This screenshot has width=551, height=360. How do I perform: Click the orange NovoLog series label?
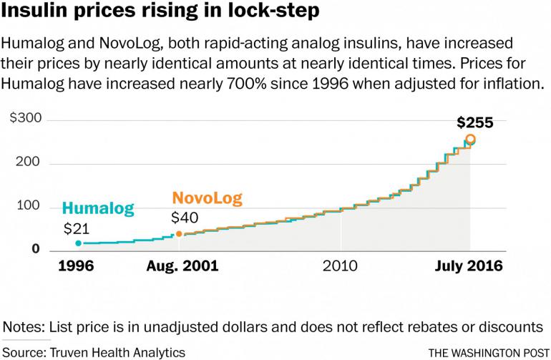(x=208, y=198)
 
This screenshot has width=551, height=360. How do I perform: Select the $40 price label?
(x=185, y=218)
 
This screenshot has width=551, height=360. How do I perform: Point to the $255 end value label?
(x=476, y=122)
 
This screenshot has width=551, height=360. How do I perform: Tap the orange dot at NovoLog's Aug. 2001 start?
(x=179, y=234)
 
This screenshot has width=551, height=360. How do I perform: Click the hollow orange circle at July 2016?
(x=470, y=139)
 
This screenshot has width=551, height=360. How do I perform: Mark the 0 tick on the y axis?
(x=35, y=248)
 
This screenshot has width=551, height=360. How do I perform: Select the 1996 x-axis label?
(x=75, y=266)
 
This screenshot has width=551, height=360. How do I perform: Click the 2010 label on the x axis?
(x=340, y=266)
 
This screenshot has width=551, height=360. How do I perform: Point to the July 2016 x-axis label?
(x=469, y=266)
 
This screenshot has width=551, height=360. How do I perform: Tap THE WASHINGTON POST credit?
(x=488, y=353)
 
